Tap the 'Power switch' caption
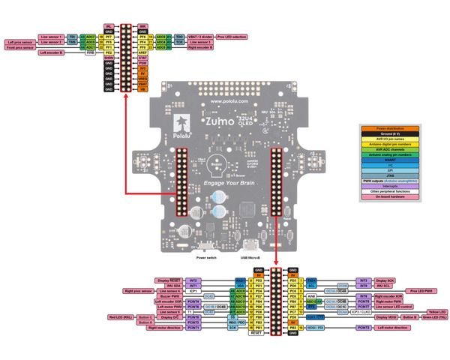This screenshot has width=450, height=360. (206, 256)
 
